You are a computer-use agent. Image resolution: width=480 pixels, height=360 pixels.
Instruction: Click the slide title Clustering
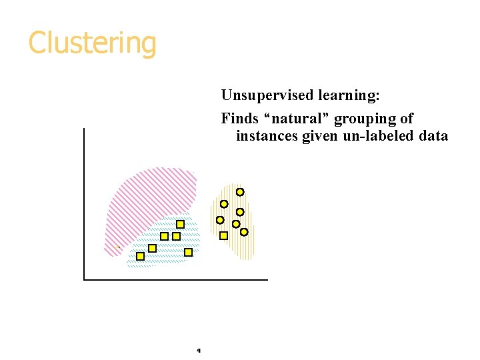pos(92,43)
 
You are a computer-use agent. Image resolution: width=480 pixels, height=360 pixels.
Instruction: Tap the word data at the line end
pos(434,136)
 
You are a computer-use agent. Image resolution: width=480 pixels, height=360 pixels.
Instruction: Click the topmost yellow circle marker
pos(240,192)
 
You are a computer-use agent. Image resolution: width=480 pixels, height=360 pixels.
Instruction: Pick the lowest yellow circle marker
pos(244,232)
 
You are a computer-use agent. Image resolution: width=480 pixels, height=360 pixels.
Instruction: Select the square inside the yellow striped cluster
pos(223,235)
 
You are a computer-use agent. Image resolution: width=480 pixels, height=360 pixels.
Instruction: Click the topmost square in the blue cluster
pos(180,224)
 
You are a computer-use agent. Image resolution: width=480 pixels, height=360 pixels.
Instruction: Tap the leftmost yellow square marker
pos(140,256)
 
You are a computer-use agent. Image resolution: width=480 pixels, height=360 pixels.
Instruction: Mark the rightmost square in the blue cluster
pos(188,252)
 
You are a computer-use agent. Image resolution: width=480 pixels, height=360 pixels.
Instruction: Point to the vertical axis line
pos(85,200)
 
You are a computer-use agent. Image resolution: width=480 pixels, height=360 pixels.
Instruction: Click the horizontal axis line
pos(173,279)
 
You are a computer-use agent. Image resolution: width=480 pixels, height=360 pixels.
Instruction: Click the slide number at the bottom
pos(199,350)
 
